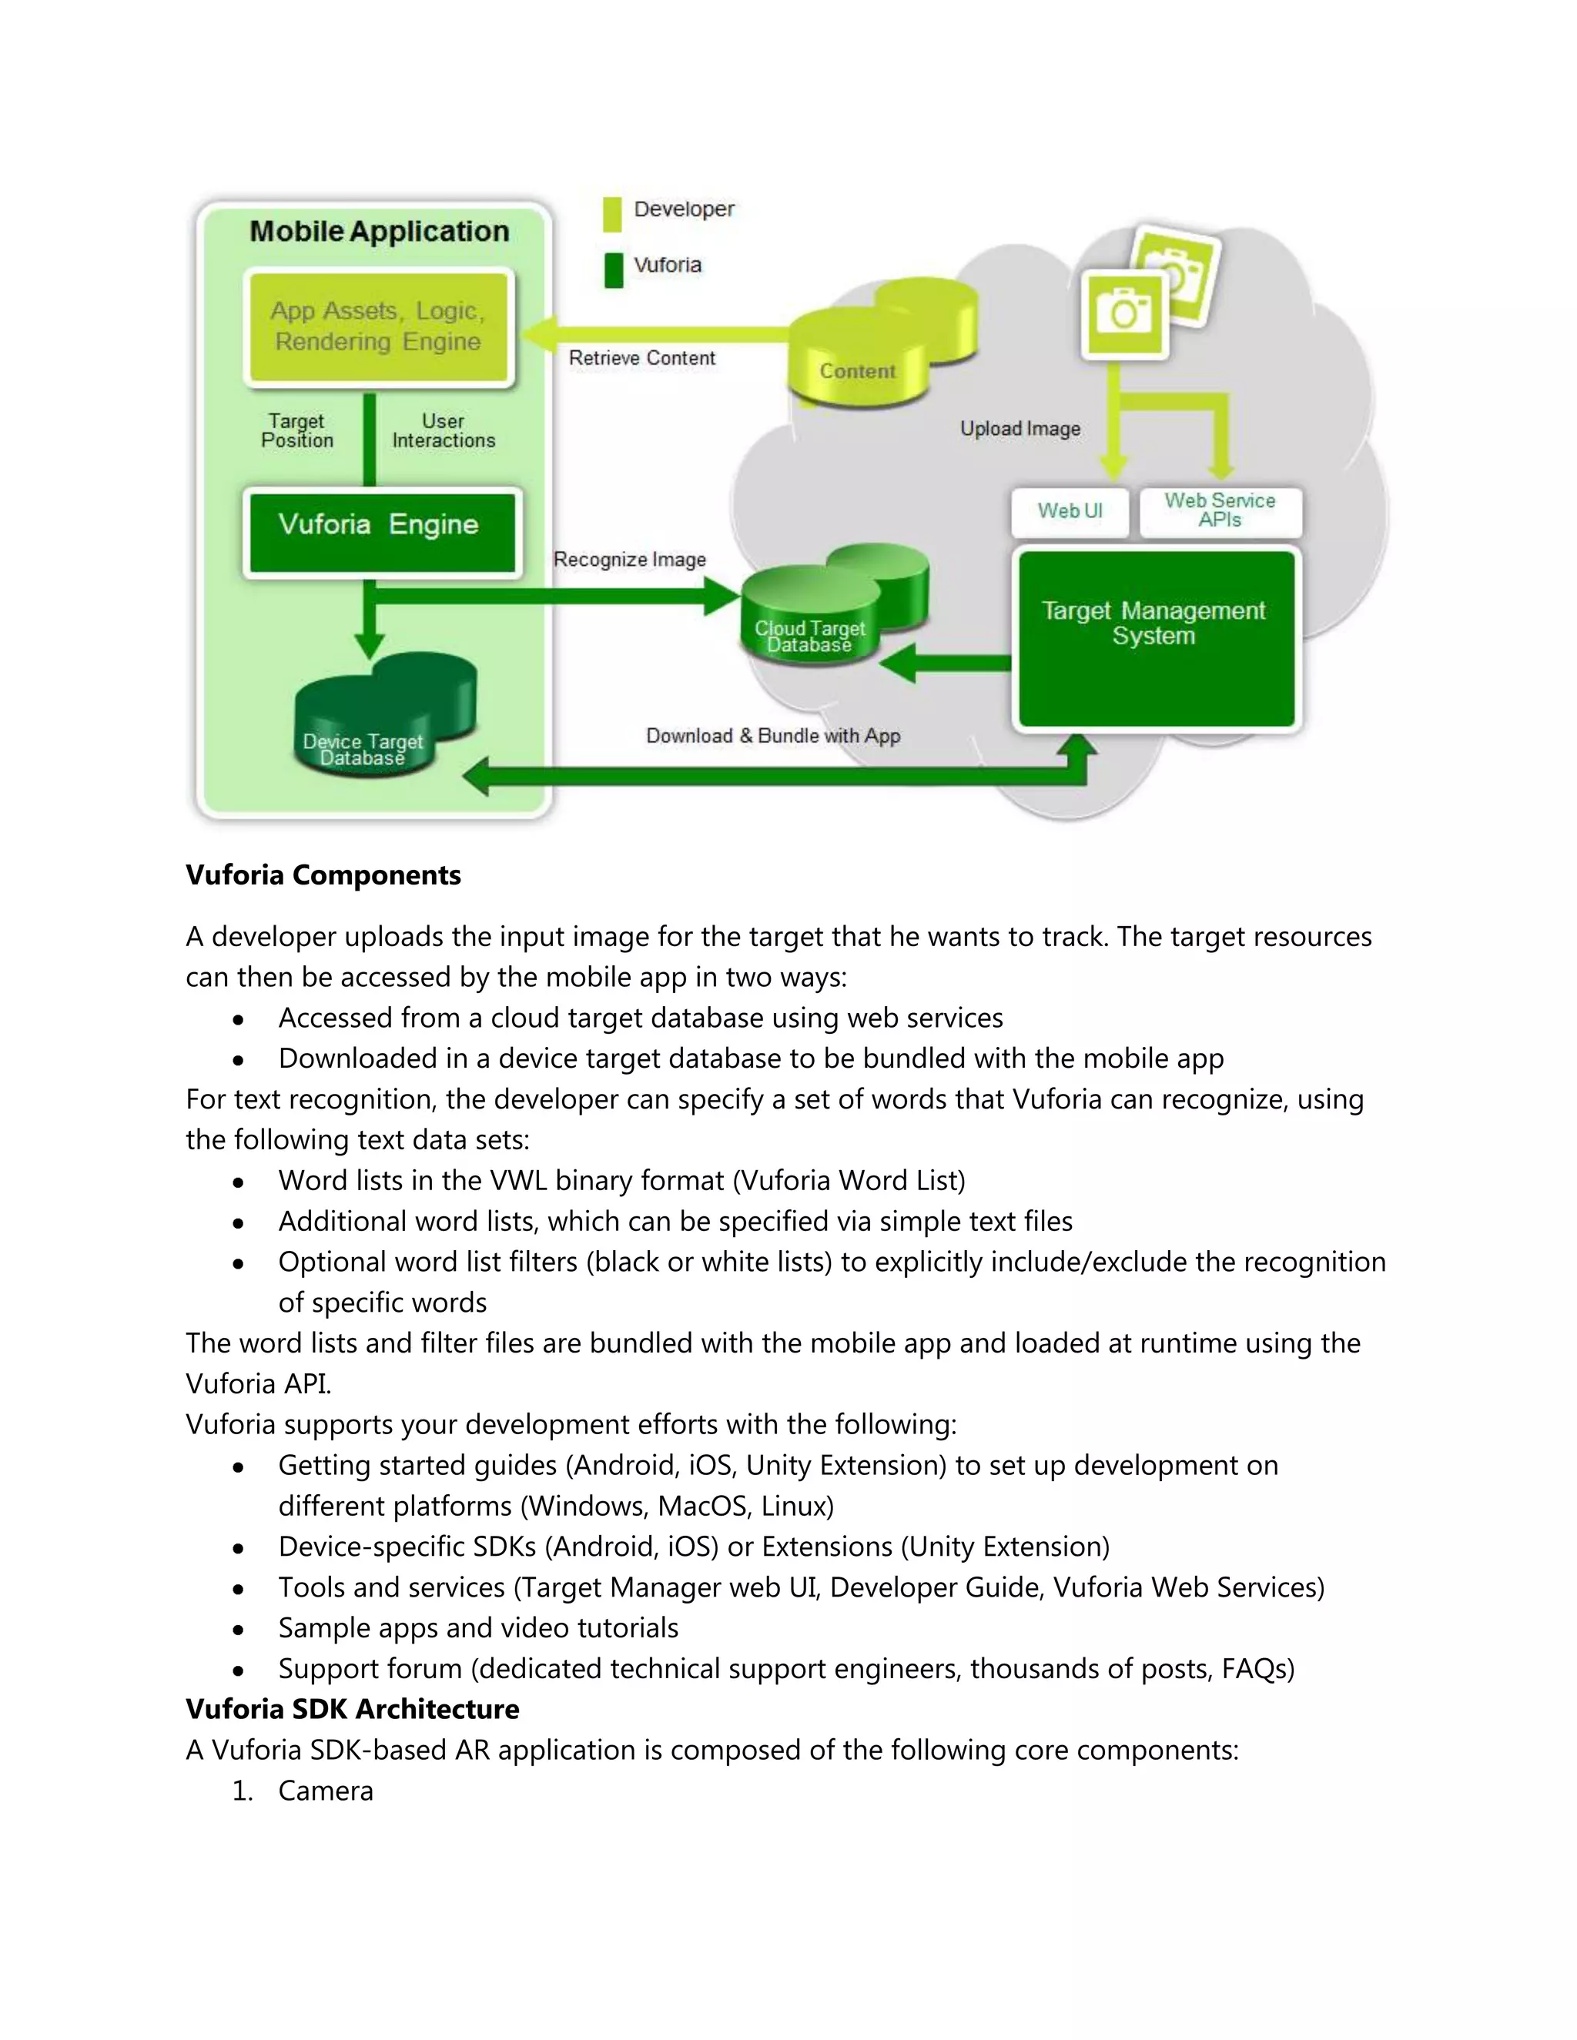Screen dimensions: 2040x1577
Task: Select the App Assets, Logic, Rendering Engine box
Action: click(378, 327)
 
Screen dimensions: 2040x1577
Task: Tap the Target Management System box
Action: click(1156, 637)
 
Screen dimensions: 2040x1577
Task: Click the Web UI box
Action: click(1070, 511)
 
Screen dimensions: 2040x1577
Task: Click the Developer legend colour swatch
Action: click(612, 213)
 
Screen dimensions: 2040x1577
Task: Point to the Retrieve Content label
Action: click(642, 358)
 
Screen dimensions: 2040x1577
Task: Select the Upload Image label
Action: click(1020, 429)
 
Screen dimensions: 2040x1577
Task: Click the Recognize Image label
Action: click(629, 560)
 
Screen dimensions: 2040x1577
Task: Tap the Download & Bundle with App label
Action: click(772, 736)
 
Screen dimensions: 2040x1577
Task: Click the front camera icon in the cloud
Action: click(1124, 313)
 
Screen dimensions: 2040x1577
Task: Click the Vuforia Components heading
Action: click(323, 875)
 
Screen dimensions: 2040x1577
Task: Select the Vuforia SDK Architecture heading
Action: click(352, 1709)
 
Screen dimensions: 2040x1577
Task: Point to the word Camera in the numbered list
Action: click(325, 1791)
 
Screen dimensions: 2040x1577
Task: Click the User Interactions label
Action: click(443, 430)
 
